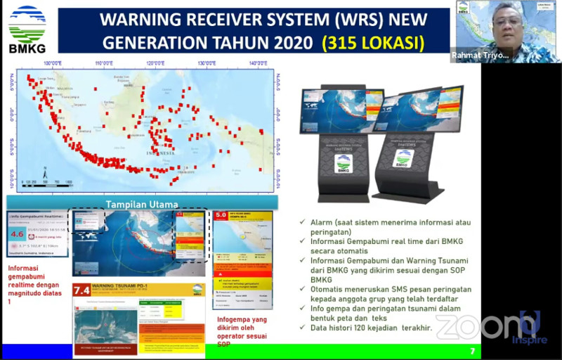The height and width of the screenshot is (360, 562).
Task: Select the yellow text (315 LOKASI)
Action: (373, 43)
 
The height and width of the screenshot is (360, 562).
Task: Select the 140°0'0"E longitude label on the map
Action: (258, 64)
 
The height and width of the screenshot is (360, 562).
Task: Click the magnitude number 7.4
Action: (82, 290)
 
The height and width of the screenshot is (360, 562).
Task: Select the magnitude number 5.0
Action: (221, 216)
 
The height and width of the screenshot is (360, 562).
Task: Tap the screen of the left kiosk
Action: (341, 110)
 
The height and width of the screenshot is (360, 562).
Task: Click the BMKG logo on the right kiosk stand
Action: (403, 158)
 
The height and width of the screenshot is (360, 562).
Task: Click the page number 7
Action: (472, 350)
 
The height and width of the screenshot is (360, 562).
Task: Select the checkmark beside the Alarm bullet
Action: (301, 222)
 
